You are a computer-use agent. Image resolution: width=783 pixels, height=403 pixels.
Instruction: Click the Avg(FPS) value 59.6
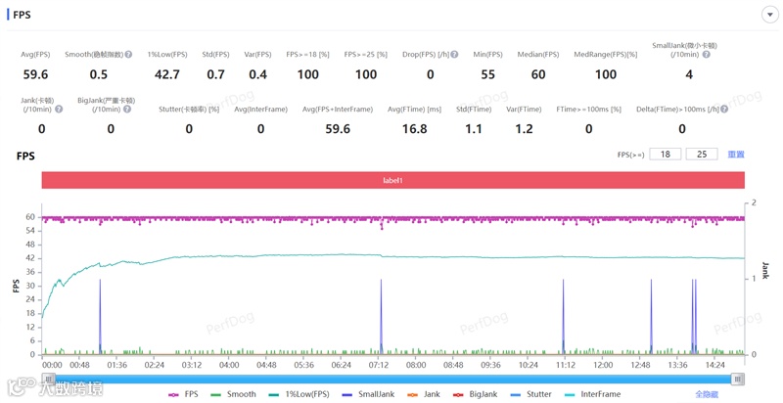point(36,74)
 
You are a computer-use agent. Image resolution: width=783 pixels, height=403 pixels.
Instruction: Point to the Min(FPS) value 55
point(487,74)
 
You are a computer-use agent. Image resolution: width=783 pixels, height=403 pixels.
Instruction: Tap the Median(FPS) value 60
point(538,74)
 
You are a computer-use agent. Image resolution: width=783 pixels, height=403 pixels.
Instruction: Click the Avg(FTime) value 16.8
point(414,128)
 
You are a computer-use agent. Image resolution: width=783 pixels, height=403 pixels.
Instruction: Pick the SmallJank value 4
point(689,74)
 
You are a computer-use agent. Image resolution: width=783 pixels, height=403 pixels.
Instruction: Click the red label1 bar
point(392,181)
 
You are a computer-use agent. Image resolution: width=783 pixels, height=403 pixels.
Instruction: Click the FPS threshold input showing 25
point(702,155)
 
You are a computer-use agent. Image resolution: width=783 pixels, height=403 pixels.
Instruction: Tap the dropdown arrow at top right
point(769,15)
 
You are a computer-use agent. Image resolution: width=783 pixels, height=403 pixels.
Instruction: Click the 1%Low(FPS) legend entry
point(300,394)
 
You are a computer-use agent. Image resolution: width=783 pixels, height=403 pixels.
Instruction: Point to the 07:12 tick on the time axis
point(379,365)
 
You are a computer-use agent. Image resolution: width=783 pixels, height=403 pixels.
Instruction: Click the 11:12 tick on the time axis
point(566,365)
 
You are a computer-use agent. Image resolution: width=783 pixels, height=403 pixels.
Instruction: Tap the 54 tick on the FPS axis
point(30,231)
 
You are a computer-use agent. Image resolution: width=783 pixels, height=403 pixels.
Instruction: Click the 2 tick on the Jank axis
point(753,202)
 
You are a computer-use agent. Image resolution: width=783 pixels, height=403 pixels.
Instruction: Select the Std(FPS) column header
point(215,55)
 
